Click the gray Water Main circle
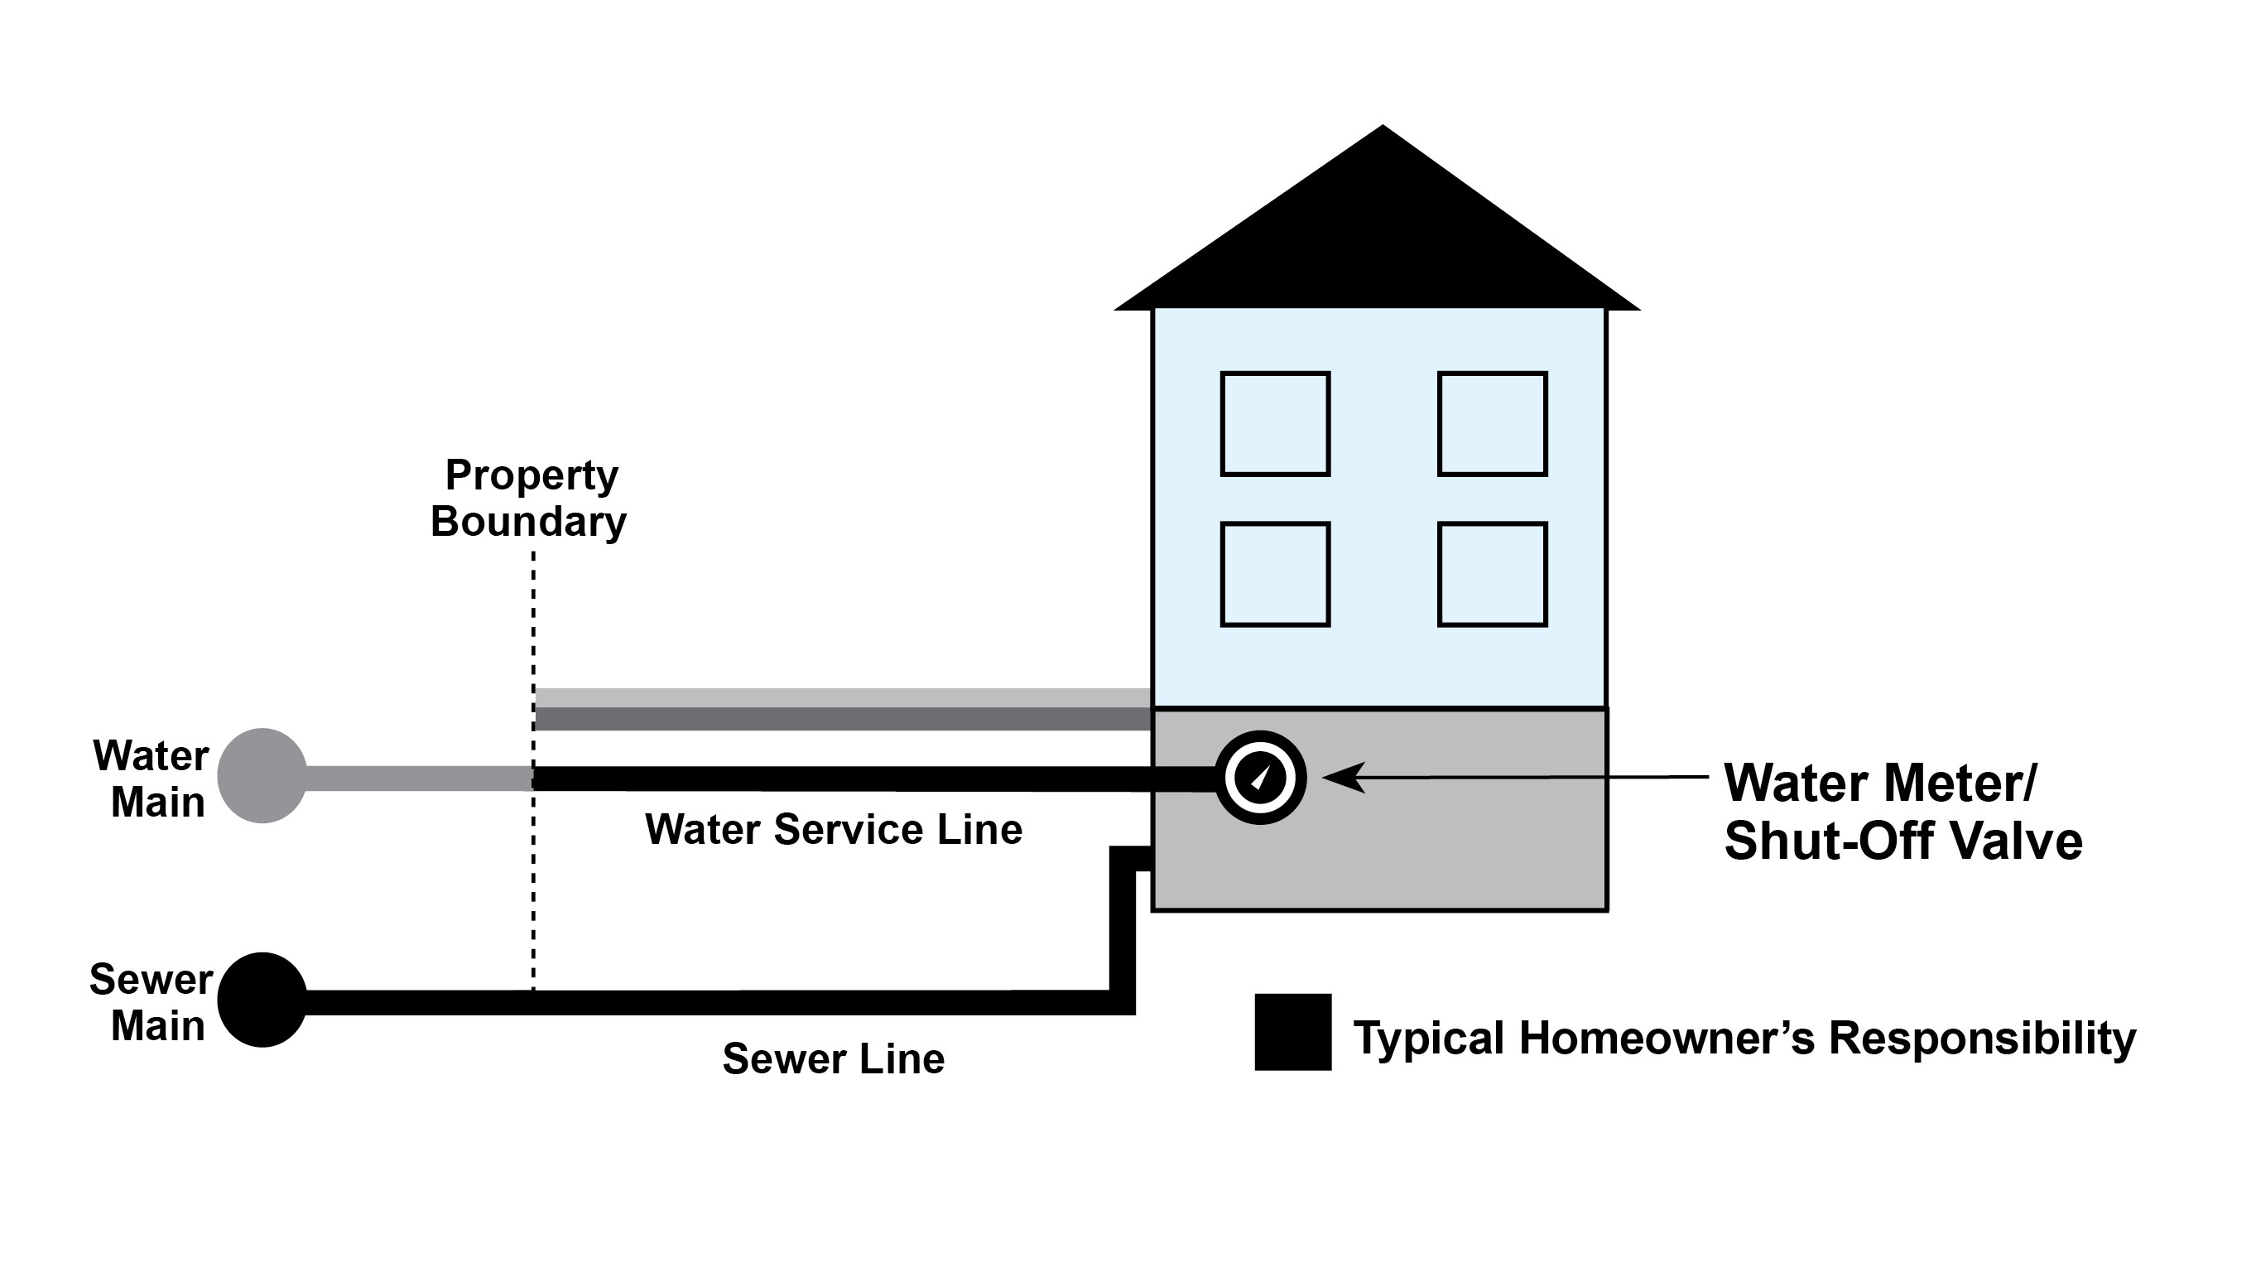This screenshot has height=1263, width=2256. [262, 776]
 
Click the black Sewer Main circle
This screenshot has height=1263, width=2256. [262, 1000]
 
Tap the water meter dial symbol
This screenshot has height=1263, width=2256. [1260, 778]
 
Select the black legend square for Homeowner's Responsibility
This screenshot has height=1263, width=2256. [1292, 1032]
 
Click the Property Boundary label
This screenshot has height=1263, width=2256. [530, 498]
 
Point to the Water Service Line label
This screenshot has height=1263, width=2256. [834, 830]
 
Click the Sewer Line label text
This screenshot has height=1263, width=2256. [834, 1059]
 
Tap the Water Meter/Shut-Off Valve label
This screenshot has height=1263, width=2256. [1902, 811]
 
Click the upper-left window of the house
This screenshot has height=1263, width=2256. [1275, 424]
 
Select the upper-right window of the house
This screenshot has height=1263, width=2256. [1493, 424]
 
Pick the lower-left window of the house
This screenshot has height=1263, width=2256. [1275, 575]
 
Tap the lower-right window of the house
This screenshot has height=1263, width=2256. [1493, 575]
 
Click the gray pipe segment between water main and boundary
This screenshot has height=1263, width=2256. [419, 778]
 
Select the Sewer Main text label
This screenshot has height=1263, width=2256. [151, 1003]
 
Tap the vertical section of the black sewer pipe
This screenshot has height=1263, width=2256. [1123, 928]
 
